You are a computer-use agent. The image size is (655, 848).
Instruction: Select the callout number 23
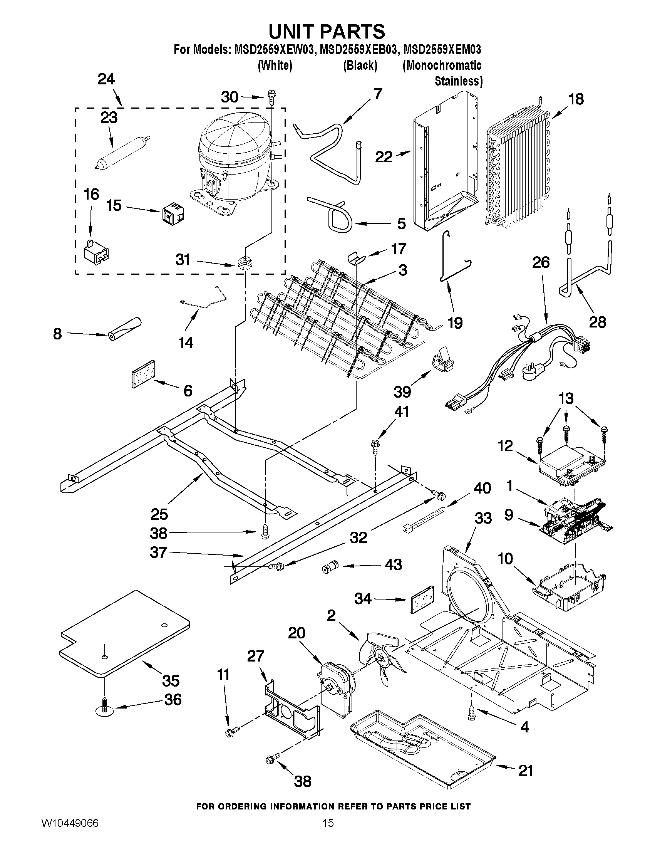[109, 117]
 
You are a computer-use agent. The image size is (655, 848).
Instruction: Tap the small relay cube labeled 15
[173, 213]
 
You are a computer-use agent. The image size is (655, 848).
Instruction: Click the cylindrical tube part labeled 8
[125, 329]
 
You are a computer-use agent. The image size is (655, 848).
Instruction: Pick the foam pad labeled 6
[144, 373]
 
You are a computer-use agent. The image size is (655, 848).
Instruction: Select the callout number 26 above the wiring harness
[541, 262]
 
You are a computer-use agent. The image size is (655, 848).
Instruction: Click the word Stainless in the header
[458, 81]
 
